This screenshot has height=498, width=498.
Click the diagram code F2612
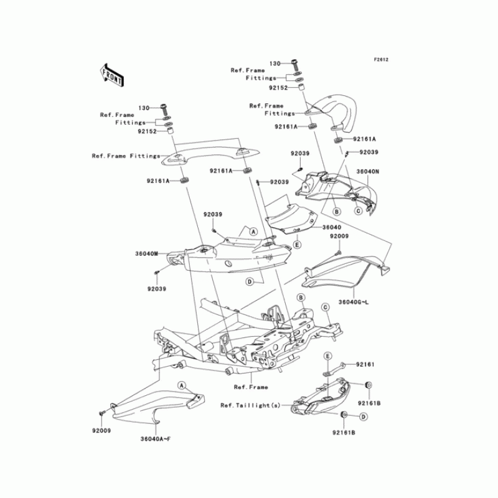[x=381, y=60]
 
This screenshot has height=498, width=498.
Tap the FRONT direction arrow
[x=111, y=75]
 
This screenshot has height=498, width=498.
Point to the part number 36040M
[x=147, y=254]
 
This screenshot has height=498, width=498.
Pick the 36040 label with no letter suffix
[x=332, y=228]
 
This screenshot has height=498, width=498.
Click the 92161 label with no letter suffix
[x=365, y=364]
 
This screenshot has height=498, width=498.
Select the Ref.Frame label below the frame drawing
[x=251, y=387]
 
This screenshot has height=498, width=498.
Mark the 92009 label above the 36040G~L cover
[x=339, y=237]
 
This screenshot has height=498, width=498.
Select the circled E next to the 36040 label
[x=298, y=245]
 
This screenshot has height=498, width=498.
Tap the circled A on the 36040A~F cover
[x=182, y=386]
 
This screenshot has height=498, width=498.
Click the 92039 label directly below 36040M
[x=157, y=289]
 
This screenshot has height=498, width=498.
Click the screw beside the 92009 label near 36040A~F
[x=100, y=413]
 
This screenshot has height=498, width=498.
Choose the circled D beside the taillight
[x=363, y=415]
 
